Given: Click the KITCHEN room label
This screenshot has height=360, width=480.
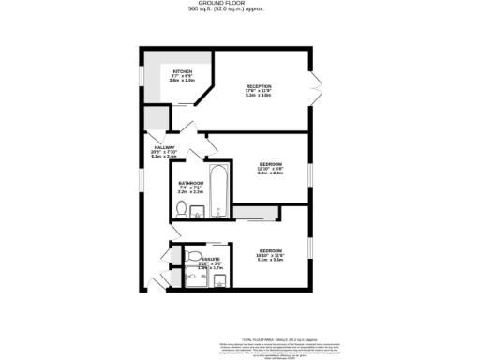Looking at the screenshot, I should pyautogui.click(x=182, y=71).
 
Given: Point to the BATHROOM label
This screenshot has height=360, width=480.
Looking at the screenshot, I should pyautogui.click(x=190, y=182).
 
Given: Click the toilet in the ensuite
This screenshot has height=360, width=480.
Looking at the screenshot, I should pyautogui.click(x=191, y=254).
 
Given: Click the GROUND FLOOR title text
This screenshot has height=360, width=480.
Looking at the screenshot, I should pyautogui.click(x=239, y=4).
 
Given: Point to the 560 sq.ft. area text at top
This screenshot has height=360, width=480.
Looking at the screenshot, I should pyautogui.click(x=239, y=10).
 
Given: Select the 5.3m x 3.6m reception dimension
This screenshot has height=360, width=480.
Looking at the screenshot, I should pyautogui.click(x=258, y=95).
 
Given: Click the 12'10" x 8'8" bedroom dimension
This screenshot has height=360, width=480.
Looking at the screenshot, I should pyautogui.click(x=271, y=169).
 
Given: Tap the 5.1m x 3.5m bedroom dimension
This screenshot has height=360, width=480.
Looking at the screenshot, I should pyautogui.click(x=271, y=261).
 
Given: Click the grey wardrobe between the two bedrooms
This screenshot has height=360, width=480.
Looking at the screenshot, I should pyautogui.click(x=255, y=213).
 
